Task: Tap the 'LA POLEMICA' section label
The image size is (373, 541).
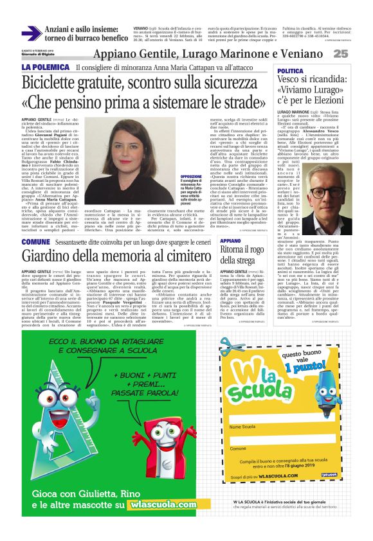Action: (x=44, y=67)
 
